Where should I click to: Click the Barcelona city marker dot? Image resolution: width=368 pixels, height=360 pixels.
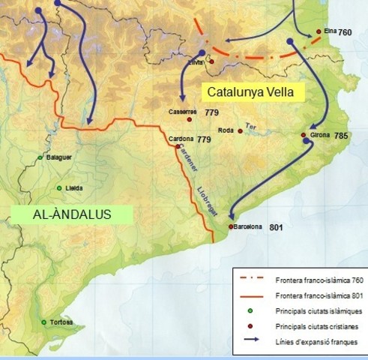click(x=231, y=226)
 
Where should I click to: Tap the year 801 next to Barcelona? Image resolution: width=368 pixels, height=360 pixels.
click(x=276, y=226)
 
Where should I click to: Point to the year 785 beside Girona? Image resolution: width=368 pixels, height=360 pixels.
click(x=341, y=136)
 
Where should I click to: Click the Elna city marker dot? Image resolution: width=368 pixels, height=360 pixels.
click(x=319, y=31)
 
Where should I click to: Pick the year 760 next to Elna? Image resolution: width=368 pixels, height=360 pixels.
click(x=344, y=32)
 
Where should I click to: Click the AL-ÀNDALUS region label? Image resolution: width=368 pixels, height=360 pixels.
click(x=71, y=214)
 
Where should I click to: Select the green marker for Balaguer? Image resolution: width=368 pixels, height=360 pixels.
click(x=40, y=157)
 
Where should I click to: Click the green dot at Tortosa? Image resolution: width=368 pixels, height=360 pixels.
click(x=44, y=322)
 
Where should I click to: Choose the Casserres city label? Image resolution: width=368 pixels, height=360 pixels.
click(x=183, y=112)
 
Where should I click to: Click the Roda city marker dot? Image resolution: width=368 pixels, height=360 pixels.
click(x=240, y=131)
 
